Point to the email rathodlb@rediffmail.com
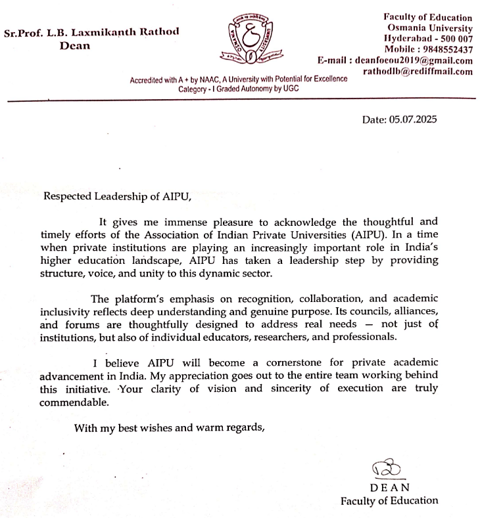pyautogui.click(x=418, y=72)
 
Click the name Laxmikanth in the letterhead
pyautogui.click(x=112, y=32)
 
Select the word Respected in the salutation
pyautogui.click(x=67, y=195)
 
